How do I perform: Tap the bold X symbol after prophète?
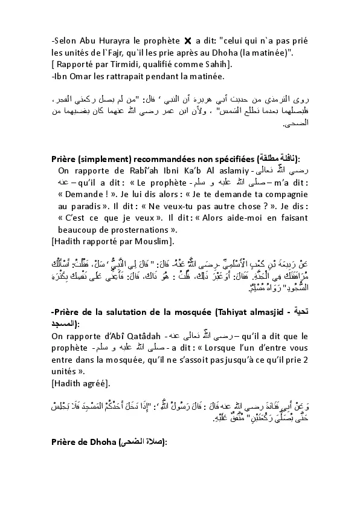pos(188,41)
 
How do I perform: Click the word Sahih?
pos(217,64)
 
